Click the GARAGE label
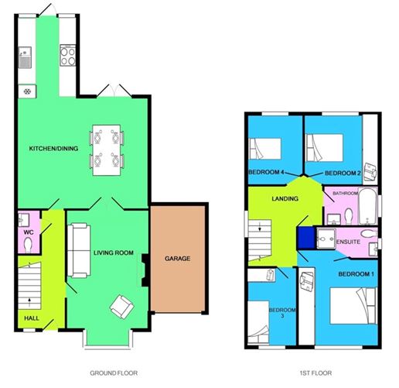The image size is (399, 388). pos(178,259)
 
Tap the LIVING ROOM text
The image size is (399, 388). pos(114,252)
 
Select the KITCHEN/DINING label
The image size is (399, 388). pos(53,149)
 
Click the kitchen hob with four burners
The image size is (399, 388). pos(68,55)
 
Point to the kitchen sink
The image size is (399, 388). pos(25,57)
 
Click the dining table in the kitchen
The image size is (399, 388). pos(107,150)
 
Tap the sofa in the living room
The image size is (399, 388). pos(79,251)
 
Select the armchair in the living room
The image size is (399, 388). pos(122,307)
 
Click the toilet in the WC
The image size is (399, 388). pos(28,244)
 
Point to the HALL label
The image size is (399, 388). pos(32,318)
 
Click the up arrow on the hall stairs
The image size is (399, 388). pos(29,302)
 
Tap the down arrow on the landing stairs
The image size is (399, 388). pos(260,227)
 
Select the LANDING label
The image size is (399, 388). pos(285,198)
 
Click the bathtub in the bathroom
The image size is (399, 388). pos(368,206)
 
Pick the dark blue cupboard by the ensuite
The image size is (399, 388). pos(306,238)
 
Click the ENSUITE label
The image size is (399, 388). pos(348,242)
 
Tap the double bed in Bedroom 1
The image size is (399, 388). pos(353,306)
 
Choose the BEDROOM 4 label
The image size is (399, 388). pos(266,172)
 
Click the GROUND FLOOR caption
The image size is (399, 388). pos(114,373)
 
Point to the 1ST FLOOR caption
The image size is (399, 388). pos(315,373)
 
